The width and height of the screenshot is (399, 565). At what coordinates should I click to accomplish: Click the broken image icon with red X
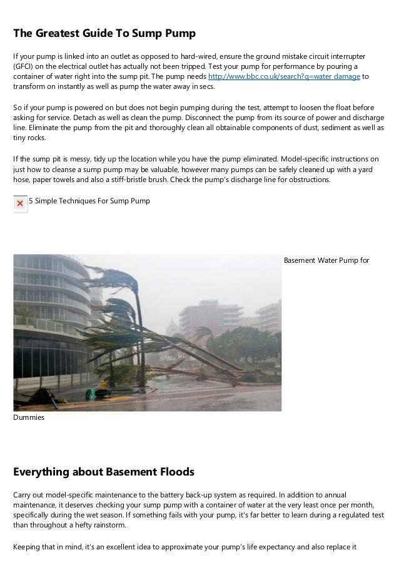[x=20, y=203]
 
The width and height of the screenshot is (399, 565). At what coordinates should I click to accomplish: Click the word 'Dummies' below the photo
[x=29, y=416]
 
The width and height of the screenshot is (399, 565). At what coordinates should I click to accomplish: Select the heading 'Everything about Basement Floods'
[x=104, y=471]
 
